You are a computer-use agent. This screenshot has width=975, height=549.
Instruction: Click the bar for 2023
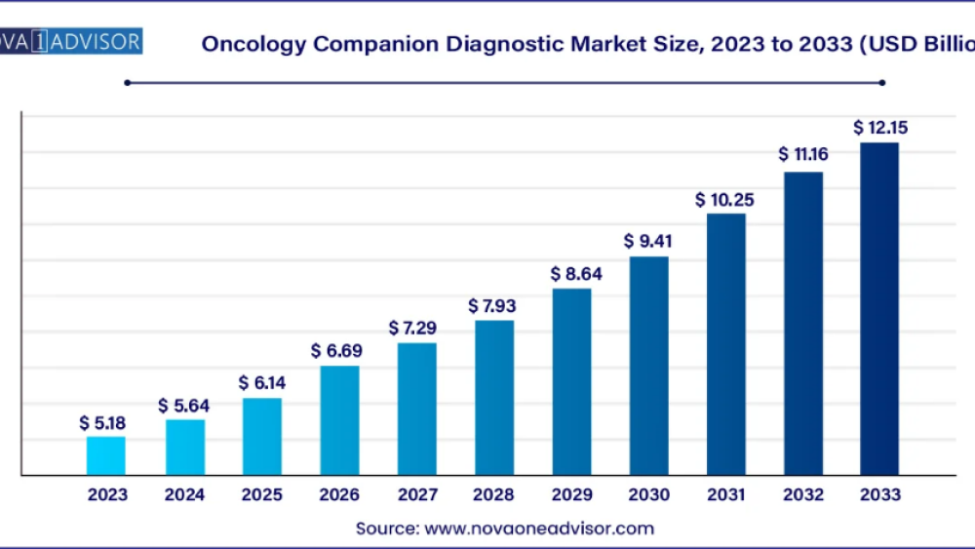point(105,455)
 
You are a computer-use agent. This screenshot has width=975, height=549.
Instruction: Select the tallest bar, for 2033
point(878,309)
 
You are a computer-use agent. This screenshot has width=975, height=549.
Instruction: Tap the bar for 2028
point(494,398)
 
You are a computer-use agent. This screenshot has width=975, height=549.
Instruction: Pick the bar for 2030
point(648,366)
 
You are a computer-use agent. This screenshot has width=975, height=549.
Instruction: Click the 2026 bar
point(339,420)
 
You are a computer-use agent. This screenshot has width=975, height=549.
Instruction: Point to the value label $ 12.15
point(878,128)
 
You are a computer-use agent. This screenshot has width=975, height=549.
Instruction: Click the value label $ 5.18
point(105,423)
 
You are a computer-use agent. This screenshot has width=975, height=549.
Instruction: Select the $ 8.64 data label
point(571,274)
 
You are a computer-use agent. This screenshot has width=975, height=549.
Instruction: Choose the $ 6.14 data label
point(261,383)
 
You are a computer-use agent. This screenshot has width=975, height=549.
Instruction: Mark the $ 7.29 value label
point(416,328)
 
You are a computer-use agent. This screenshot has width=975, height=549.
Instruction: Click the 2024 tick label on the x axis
point(184,495)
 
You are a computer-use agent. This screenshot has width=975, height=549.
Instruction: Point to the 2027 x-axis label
point(416,495)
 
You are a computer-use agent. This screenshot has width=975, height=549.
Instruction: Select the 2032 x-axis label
point(802,495)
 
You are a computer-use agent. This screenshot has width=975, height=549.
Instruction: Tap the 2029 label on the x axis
point(571,495)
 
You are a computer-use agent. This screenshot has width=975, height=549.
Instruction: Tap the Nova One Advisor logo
point(70,42)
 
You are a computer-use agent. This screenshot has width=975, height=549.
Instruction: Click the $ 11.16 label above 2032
point(802,155)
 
